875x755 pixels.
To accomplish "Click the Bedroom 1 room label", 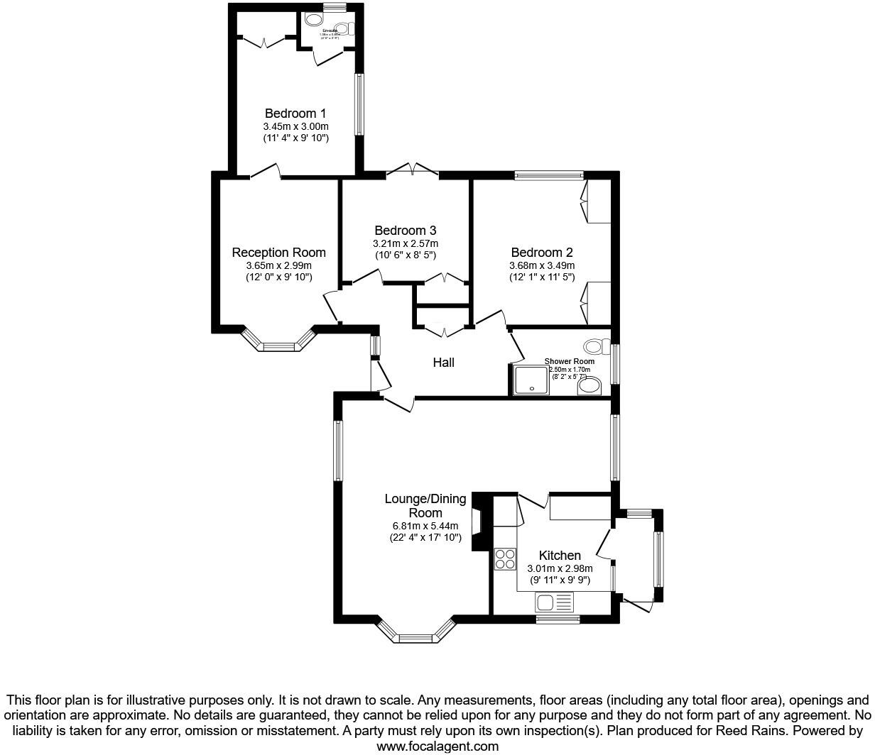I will point(295,114).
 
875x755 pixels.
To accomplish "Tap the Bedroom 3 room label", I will point(405,231).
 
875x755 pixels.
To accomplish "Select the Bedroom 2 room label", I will point(541,253).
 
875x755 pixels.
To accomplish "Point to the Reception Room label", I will point(278,253).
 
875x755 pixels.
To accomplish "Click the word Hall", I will point(443,363).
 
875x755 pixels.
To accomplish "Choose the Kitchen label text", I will point(560,556).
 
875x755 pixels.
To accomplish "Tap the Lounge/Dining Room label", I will point(425,505).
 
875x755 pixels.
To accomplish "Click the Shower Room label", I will point(569,361).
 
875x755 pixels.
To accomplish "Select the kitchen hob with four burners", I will point(505,559).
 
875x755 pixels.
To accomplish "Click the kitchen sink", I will point(555,603).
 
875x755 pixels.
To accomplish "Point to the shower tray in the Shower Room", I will point(531,380).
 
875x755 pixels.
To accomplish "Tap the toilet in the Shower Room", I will point(595,347).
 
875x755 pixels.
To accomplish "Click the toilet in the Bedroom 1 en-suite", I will point(343,29).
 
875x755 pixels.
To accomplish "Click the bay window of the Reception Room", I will point(278,343).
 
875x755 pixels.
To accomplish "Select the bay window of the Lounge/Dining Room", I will point(415,633).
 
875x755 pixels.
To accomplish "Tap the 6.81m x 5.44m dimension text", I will point(425,526).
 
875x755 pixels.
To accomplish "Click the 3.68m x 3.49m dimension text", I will point(541,265).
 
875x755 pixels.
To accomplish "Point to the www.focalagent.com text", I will point(437,746).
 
